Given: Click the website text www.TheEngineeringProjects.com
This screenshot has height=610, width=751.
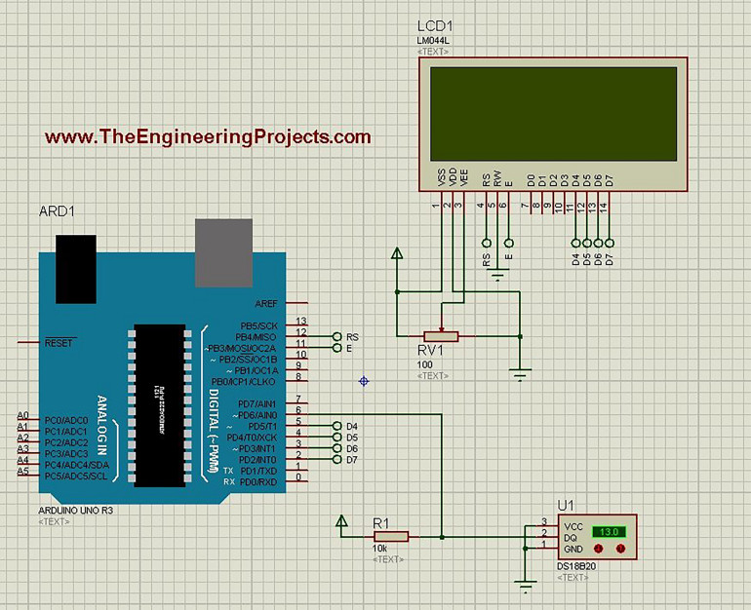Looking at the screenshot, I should (x=208, y=137).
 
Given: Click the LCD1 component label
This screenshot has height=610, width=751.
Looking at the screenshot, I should (x=434, y=26).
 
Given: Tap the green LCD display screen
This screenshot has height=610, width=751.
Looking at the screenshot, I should (x=552, y=113).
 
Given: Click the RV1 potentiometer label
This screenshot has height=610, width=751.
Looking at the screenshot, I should (x=430, y=350).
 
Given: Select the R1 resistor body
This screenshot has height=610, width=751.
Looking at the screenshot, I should (x=391, y=536).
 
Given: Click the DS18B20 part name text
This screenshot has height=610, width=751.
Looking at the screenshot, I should (x=576, y=567).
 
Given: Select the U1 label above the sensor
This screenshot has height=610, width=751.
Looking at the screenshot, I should (x=566, y=505).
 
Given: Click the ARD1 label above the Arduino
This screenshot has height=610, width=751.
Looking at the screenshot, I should (x=58, y=211).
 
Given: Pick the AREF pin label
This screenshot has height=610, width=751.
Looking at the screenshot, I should (x=265, y=303).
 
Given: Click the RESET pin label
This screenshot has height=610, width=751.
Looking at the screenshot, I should (x=60, y=343).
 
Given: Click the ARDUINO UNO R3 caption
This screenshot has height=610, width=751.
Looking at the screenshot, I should (x=73, y=510).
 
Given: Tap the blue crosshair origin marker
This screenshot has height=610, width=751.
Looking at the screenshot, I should (x=364, y=380).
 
